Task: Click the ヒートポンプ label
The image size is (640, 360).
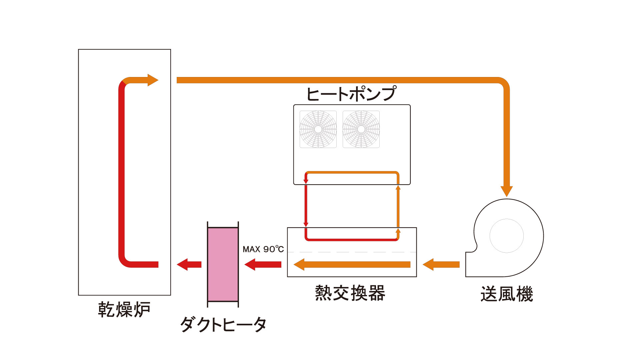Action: coord(351,94)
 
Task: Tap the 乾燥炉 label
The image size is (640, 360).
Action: coord(124,309)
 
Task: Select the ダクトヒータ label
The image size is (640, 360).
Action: coord(223,324)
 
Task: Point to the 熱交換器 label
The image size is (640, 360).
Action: coord(350,293)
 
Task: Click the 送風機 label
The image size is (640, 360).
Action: coord(506,294)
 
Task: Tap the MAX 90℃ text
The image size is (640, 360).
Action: coord(263,249)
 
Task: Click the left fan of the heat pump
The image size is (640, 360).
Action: coord(318,129)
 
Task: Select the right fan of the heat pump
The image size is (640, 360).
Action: coord(361,129)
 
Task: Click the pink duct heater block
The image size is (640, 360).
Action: coord(223,264)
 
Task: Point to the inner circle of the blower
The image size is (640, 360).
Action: coord(506,236)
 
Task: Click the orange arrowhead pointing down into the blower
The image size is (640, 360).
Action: coord(507,191)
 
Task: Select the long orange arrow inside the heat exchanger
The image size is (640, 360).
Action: coord(352,264)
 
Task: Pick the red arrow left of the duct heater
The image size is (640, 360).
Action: coord(189,264)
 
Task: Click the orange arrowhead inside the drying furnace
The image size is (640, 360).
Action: coord(152,80)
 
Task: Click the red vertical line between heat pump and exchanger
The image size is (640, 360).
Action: coord(306,205)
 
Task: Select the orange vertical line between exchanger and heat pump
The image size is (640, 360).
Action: coord(398,207)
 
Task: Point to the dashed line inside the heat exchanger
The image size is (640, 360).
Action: coord(352,252)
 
